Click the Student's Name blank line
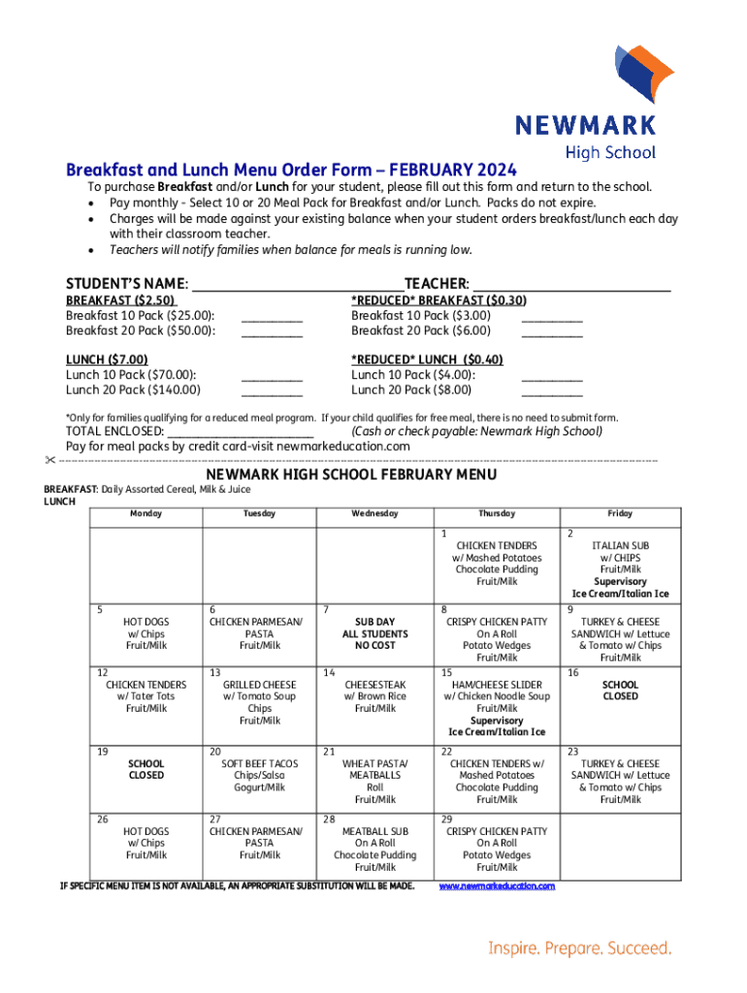297,285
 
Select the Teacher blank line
570,285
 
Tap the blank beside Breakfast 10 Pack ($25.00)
272,317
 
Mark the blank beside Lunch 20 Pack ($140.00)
272,392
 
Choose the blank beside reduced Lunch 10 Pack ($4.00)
552,376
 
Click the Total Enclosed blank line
241,432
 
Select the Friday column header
620,513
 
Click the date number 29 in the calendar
446,819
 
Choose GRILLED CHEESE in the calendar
259,685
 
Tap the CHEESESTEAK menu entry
374,685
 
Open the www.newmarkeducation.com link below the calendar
497,886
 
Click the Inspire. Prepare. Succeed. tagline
579,947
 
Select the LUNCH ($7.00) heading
107,360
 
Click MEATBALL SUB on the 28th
374,832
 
